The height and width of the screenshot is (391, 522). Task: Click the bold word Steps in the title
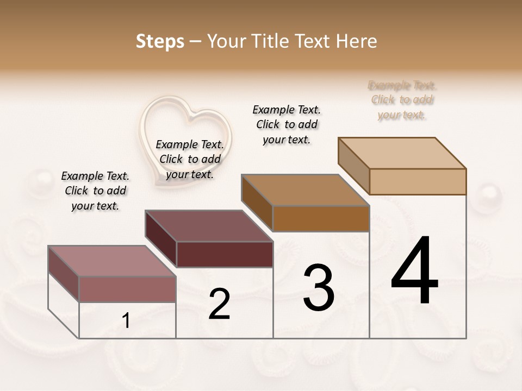[x=160, y=41]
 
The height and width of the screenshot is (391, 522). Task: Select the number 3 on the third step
[x=319, y=288]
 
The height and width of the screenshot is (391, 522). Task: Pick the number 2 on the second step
[x=219, y=304]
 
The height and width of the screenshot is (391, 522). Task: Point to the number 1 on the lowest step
[x=126, y=321]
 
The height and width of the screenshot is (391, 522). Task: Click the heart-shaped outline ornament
[x=185, y=139]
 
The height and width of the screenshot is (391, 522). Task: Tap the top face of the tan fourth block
[x=402, y=153]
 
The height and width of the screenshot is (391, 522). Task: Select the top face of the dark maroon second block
[x=209, y=226]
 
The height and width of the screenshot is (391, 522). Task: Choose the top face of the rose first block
[x=112, y=261]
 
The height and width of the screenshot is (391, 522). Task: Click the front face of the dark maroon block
[x=225, y=254]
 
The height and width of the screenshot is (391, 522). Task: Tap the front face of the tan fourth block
[x=418, y=181]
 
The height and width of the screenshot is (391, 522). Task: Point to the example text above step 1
[x=95, y=191]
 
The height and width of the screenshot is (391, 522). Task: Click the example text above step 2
[x=190, y=159]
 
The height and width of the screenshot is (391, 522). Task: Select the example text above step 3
[x=287, y=124]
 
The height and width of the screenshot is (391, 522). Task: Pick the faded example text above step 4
[x=402, y=100]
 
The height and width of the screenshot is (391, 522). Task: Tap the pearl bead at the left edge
[x=39, y=179]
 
